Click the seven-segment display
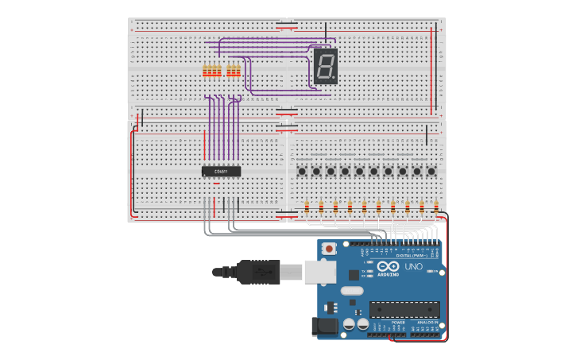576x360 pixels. point(326,66)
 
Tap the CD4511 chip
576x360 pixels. point(221,171)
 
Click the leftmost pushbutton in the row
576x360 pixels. point(302,171)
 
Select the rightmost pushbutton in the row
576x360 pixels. point(431,171)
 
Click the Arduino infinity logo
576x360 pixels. point(389,267)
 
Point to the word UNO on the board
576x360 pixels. point(414,266)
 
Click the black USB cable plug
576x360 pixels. point(258,272)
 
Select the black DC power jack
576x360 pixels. point(326,326)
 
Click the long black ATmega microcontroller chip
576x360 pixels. point(404,310)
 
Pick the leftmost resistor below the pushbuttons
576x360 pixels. point(307,207)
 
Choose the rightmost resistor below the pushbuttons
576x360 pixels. point(436,207)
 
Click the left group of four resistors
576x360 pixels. point(212,72)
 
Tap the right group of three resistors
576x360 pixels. point(234,72)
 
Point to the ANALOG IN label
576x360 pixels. point(427,323)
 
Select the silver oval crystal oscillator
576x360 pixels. point(352,291)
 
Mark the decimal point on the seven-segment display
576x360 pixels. point(337,79)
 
